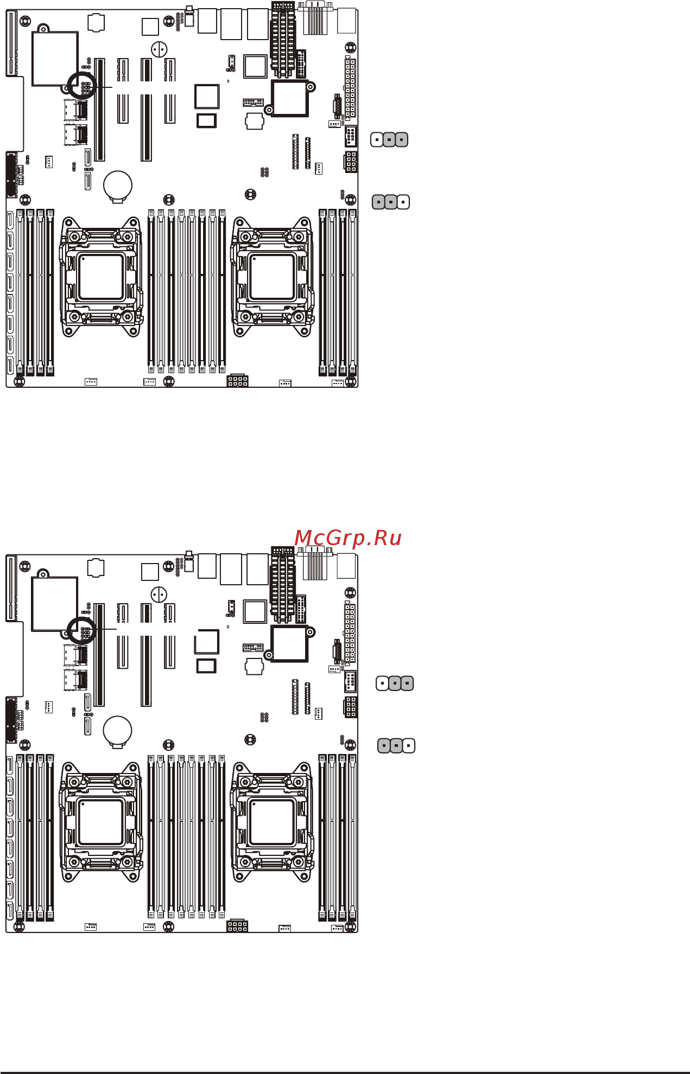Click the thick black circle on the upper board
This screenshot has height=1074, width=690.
click(81, 85)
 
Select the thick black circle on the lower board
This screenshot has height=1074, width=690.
click(81, 630)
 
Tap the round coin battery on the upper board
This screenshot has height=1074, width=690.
click(118, 185)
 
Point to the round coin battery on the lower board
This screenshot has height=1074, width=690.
click(118, 730)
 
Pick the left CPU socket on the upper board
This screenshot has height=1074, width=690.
click(101, 277)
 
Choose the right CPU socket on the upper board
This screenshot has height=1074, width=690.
click(272, 277)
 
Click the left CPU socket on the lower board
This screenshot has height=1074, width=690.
click(101, 822)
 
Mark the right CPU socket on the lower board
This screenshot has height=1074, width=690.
click(272, 822)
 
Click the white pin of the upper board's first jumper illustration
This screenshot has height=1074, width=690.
click(377, 140)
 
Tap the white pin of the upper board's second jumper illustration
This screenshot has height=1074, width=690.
click(403, 202)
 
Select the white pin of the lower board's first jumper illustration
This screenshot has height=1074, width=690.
click(383, 683)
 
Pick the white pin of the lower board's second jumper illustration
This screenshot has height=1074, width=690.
click(409, 746)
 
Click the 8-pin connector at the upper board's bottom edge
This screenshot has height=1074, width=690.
click(237, 380)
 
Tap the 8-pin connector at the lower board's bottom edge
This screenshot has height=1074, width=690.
click(237, 925)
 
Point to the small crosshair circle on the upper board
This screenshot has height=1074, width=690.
click(159, 50)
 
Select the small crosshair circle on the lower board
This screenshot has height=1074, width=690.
click(159, 595)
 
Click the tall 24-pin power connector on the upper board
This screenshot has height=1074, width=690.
click(350, 87)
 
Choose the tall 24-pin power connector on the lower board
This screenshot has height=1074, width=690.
click(350, 632)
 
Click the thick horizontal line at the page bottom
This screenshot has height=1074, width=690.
click(345, 1072)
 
